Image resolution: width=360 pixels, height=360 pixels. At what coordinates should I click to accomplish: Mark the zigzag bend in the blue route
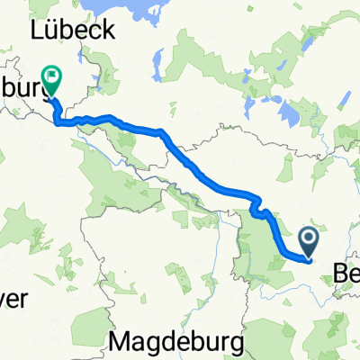click(262, 212)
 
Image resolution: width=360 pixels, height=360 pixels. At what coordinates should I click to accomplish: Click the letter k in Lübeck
click(108, 29)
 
